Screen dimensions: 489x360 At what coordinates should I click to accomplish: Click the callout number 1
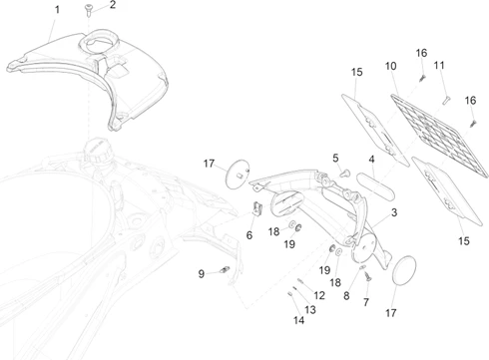[57, 10]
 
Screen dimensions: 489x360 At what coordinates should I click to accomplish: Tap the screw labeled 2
[89, 9]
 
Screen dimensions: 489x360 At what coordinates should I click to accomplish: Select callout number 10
[391, 66]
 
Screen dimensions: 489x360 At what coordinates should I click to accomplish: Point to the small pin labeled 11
[446, 100]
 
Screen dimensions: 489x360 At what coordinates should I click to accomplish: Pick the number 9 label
[201, 274]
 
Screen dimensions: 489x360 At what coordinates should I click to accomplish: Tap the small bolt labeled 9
[226, 269]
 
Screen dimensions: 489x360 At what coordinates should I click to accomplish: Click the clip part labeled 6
[257, 208]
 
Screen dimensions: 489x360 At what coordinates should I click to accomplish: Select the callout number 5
[335, 158]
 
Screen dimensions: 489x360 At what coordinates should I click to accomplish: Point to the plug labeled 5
[345, 173]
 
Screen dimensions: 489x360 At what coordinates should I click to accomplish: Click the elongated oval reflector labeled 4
[375, 186]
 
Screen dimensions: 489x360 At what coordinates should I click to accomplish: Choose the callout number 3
[394, 212]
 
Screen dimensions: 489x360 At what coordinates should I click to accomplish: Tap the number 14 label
[298, 320]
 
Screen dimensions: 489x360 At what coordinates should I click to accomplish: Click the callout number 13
[310, 309]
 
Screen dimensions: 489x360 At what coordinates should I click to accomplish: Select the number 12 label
[319, 295]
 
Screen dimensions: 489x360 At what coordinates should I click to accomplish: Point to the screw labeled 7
[367, 276]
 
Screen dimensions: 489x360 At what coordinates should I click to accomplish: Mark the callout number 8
[346, 296]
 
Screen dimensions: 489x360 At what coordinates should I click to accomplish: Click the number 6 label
[249, 235]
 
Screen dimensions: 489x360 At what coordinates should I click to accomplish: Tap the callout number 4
[371, 160]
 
